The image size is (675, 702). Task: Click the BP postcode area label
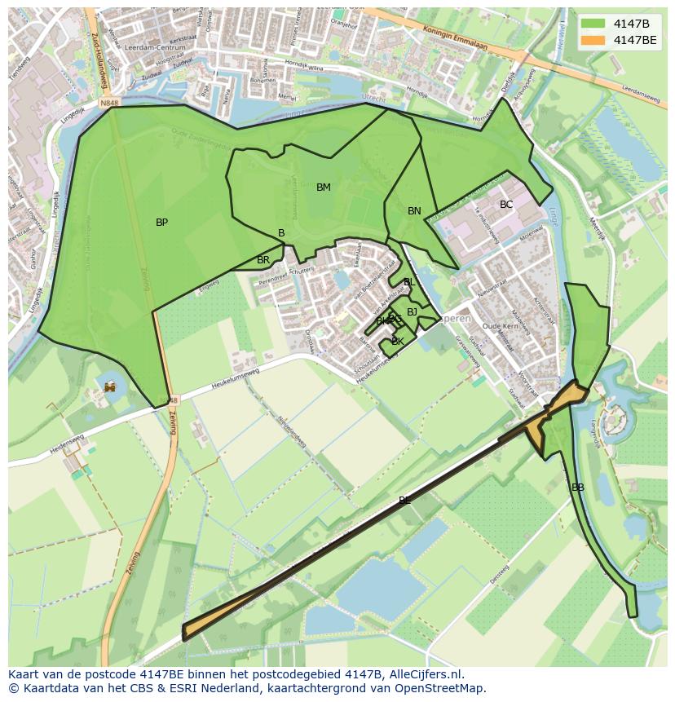(161, 223)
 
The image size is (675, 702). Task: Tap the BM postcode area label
(324, 188)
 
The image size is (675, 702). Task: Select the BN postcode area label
(414, 211)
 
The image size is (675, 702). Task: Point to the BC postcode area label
(506, 205)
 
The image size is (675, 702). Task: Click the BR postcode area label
(263, 260)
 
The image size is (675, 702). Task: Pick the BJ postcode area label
(412, 311)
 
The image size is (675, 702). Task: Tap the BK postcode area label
(398, 342)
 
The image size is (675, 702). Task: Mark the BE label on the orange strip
(404, 501)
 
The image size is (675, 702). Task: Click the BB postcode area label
(578, 488)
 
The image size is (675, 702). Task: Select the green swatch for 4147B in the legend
(593, 24)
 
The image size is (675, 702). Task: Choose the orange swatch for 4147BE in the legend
(593, 39)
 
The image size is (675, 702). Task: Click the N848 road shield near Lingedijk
(109, 104)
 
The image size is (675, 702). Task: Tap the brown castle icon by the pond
(108, 386)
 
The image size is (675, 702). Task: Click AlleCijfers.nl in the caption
(426, 674)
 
